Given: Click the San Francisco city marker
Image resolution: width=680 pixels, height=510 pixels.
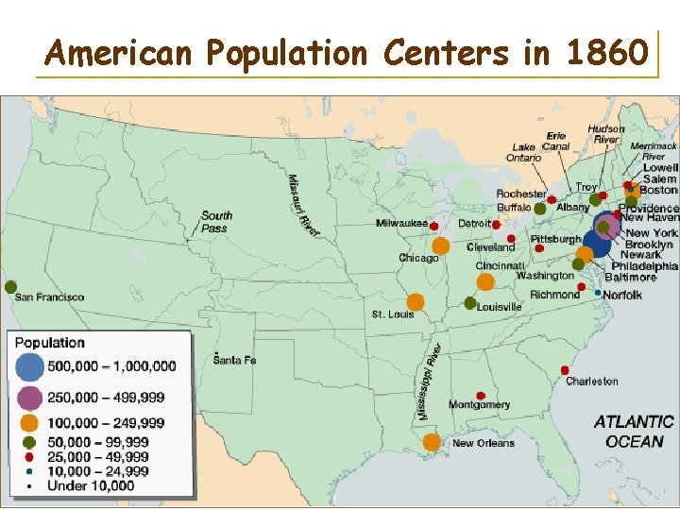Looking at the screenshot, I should [x=10, y=286].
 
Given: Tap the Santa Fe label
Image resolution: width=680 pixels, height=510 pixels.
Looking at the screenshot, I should [x=235, y=360].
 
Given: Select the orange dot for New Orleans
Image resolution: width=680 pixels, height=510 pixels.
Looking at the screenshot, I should [x=432, y=442].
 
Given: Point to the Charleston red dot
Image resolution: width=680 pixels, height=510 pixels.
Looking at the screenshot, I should [x=565, y=369].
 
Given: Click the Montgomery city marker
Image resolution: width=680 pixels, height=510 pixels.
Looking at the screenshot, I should [x=480, y=395].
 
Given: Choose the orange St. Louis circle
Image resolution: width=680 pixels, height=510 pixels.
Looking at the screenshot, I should [x=416, y=302].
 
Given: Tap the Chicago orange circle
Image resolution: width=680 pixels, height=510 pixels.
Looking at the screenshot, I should [x=440, y=246].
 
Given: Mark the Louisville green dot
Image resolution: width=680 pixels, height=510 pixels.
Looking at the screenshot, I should [x=470, y=303].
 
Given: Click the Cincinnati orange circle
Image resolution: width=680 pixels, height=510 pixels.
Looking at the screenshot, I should [x=485, y=281].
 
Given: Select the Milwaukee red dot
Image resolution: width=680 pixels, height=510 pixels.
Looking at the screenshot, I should [x=433, y=227].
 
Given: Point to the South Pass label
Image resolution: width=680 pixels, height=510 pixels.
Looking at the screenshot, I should [x=216, y=222].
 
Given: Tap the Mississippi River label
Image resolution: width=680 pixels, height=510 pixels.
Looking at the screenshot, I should [x=429, y=382].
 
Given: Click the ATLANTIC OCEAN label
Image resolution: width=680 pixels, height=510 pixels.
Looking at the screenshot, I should [x=634, y=432].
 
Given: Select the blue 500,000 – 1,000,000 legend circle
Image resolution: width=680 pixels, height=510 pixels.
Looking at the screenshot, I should [x=29, y=365].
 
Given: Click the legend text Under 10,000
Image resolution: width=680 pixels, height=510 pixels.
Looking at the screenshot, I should [x=91, y=486].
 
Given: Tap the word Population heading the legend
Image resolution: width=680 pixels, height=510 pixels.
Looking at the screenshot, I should [x=49, y=343].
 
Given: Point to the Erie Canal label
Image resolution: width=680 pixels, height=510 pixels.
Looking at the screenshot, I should [x=556, y=142].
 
